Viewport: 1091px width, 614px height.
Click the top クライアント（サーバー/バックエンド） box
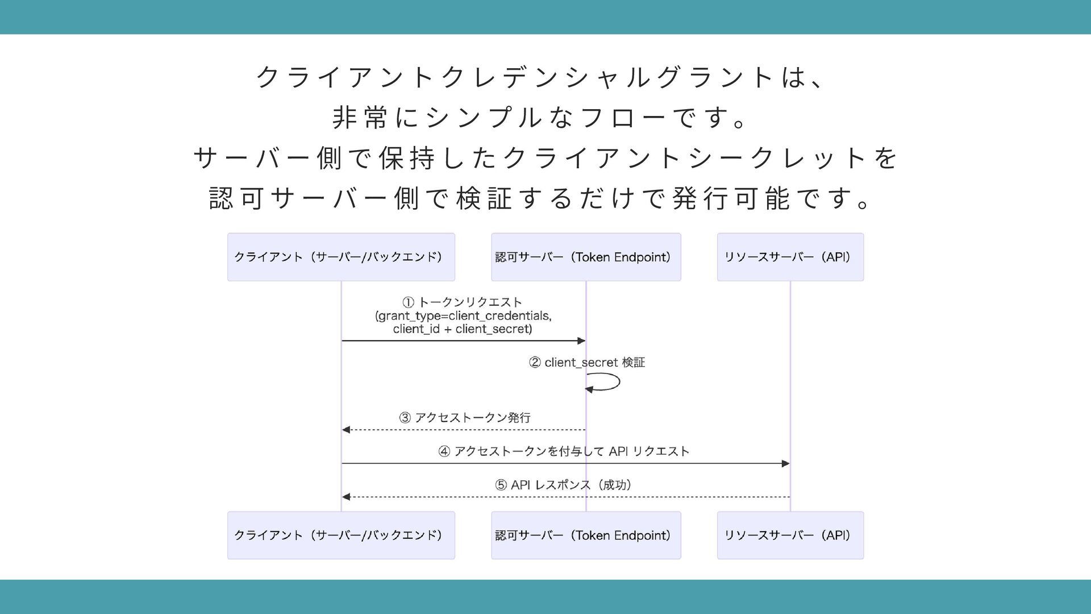(x=341, y=257)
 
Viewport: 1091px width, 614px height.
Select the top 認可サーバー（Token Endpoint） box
(x=586, y=257)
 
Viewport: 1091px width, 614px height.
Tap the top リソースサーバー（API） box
(x=790, y=257)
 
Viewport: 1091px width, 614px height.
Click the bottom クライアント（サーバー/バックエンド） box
(x=341, y=535)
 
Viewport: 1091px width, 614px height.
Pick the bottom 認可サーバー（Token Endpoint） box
(x=586, y=535)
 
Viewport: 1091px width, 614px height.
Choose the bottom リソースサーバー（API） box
(x=790, y=535)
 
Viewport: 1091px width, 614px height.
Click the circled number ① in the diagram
(x=409, y=302)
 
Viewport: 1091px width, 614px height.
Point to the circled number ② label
(x=535, y=363)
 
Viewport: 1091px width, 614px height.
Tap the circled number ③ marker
(x=405, y=418)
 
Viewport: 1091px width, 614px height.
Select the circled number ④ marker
(x=444, y=451)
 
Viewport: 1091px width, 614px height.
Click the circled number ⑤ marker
(x=501, y=485)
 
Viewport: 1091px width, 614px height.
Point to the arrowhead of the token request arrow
(x=581, y=341)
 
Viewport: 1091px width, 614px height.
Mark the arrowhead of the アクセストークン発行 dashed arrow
(x=346, y=430)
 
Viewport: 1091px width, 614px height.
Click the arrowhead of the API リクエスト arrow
(x=786, y=463)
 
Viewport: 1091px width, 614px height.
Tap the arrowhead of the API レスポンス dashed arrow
(x=346, y=497)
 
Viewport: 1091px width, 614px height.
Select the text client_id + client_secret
(x=462, y=329)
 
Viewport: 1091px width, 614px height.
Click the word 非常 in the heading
(x=360, y=118)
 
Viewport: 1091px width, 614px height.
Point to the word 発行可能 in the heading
(x=731, y=198)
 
